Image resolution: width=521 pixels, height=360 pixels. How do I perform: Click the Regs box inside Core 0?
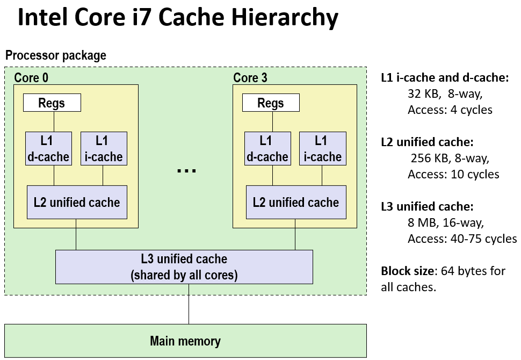point(52,103)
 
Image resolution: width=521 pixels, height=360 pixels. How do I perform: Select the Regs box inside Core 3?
point(271,103)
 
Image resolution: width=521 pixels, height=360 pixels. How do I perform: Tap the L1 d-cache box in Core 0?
point(48,148)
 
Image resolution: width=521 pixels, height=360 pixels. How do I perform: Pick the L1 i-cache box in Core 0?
point(104,148)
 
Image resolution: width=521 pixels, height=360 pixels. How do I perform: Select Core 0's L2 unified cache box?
point(77,202)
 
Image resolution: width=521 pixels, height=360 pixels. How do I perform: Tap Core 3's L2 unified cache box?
point(295,202)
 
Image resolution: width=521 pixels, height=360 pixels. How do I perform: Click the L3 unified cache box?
point(184,267)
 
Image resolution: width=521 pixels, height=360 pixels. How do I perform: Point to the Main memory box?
point(185,341)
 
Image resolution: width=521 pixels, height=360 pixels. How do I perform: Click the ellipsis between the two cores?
point(186,170)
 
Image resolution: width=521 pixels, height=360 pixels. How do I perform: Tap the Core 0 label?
point(31,77)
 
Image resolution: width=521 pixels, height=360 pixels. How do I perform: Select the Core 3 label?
point(250,77)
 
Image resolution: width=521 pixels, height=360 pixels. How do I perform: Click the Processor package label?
point(56,55)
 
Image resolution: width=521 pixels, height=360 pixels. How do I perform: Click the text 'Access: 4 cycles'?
point(450,110)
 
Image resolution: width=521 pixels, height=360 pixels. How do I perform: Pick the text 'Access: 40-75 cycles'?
point(462,239)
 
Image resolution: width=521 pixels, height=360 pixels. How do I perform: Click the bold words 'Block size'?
point(408,271)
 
